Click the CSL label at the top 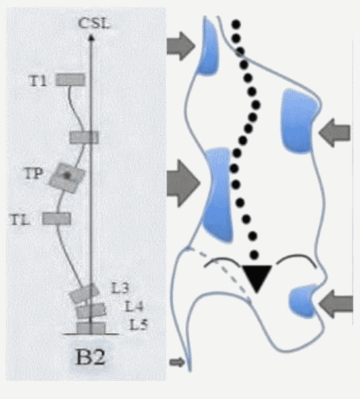[x=94, y=23]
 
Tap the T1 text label [x=38, y=81]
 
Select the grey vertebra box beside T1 [x=70, y=80]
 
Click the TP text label [x=34, y=173]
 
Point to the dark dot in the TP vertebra [x=67, y=175]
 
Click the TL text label [x=20, y=220]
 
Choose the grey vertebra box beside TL [x=57, y=218]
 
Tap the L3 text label [x=121, y=288]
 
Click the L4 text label [x=134, y=306]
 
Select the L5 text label [x=138, y=324]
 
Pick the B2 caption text [x=90, y=357]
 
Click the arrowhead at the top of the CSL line [x=91, y=38]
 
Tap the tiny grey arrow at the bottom [x=177, y=362]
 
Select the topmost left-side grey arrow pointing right [x=181, y=46]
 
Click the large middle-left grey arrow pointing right [x=183, y=183]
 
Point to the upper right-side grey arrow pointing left [x=334, y=133]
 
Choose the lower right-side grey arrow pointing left [x=336, y=304]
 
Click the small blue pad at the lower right [x=303, y=301]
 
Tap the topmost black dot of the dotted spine [x=236, y=24]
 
